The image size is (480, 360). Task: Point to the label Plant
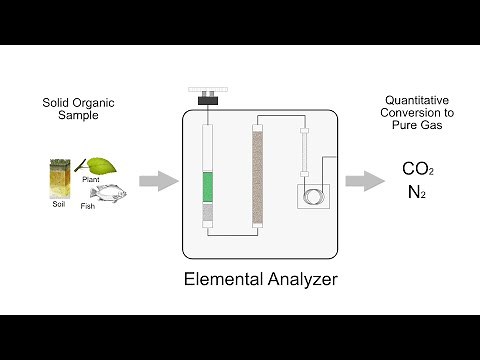91,180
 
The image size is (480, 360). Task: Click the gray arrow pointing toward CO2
364,181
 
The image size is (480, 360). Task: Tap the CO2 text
418,169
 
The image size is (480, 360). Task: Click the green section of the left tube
208,187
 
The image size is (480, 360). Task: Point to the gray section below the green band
208,212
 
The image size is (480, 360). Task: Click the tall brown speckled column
257,176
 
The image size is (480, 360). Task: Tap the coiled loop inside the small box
312,194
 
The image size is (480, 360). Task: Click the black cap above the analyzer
208,98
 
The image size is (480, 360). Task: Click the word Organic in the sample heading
98,102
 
